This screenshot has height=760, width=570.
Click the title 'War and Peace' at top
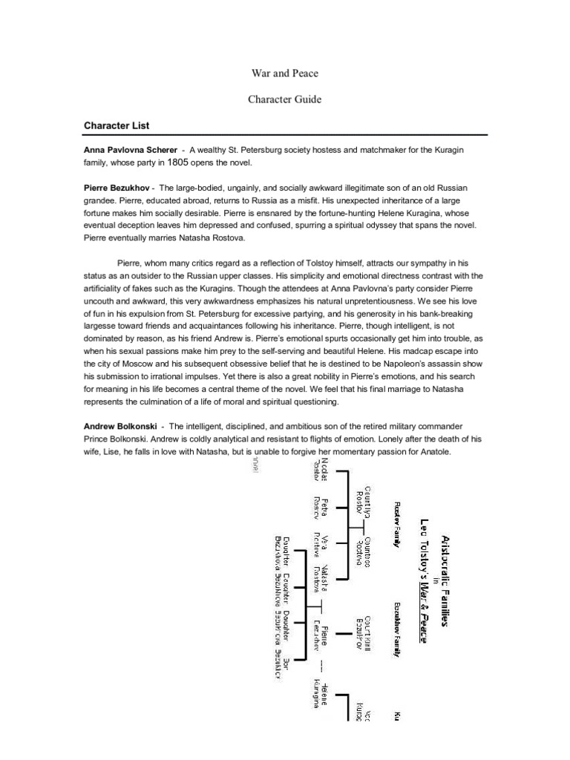coord(285,73)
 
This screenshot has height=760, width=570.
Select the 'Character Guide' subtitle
coord(285,99)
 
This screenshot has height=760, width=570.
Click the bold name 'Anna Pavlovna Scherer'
coord(130,150)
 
